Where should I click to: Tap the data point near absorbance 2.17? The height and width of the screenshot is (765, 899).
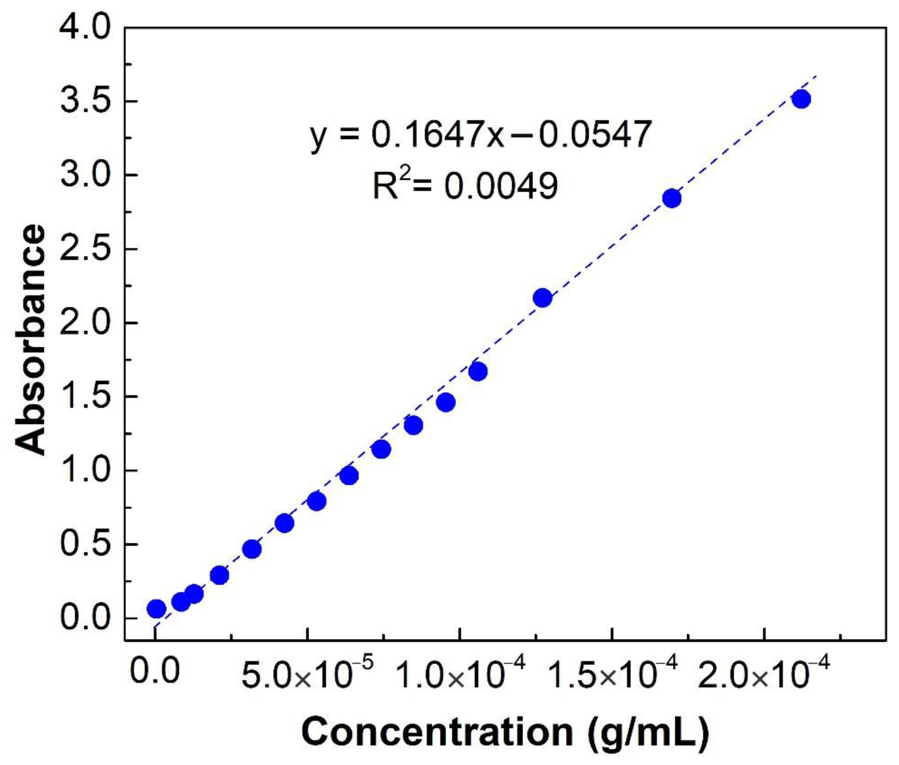coord(543,298)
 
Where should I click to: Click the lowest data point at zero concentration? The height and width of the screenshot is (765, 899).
coord(157,608)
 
